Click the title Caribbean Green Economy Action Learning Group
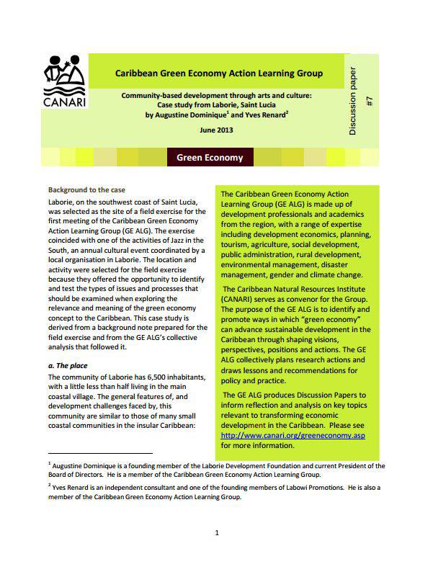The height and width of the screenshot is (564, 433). coord(219,73)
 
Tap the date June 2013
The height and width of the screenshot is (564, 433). coord(216,129)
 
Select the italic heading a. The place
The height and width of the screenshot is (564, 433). coord(67,365)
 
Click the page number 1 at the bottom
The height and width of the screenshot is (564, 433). coord(217,534)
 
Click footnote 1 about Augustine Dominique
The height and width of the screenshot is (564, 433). coord(216,470)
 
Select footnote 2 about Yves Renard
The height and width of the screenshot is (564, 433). coord(216,493)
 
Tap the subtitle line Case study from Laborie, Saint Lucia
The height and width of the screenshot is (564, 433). coord(217,104)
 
